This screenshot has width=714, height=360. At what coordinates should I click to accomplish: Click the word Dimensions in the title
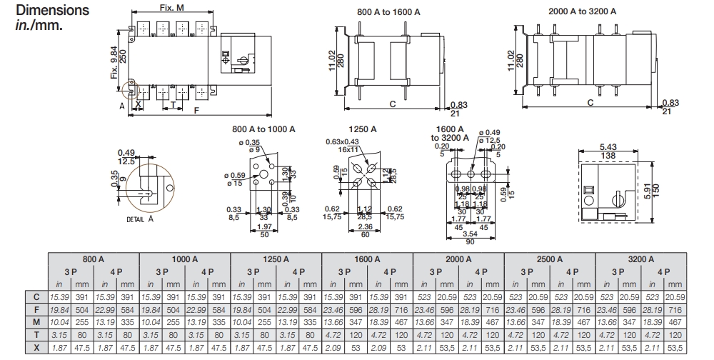point(52,11)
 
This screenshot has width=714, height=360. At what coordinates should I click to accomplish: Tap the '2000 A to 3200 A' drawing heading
point(582,11)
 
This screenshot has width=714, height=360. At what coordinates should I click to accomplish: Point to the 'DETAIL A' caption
point(140,220)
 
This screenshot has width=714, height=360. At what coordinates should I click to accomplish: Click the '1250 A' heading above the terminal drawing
point(363,129)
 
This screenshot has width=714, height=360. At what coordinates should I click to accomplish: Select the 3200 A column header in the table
point(640,259)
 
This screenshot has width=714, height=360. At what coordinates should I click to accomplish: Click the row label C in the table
point(36,296)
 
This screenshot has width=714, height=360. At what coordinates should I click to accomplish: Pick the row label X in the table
point(36,347)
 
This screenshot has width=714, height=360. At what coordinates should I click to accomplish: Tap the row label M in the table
point(36,321)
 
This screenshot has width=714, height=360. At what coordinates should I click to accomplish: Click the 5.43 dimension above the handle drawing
point(608,147)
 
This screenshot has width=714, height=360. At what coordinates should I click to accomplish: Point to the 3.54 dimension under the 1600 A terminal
point(470,234)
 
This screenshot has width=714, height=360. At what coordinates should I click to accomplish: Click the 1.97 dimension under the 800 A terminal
point(264,226)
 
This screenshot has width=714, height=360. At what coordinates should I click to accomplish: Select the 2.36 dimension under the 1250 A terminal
point(364,227)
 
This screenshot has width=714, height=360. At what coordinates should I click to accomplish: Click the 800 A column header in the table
point(94,259)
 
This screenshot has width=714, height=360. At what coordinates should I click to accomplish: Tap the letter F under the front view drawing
point(196,111)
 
